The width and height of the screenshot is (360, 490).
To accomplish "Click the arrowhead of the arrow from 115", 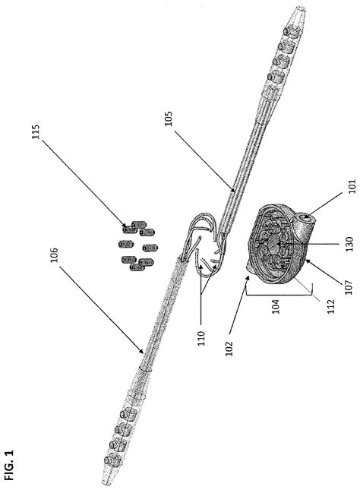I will click(124, 226).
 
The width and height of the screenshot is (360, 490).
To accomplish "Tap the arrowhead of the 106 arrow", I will click(143, 353).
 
